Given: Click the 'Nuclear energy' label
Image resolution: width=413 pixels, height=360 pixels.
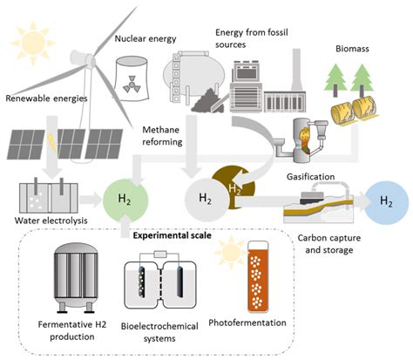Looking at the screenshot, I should [146, 39].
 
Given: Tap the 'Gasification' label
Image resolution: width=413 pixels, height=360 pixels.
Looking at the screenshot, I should [311, 176].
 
